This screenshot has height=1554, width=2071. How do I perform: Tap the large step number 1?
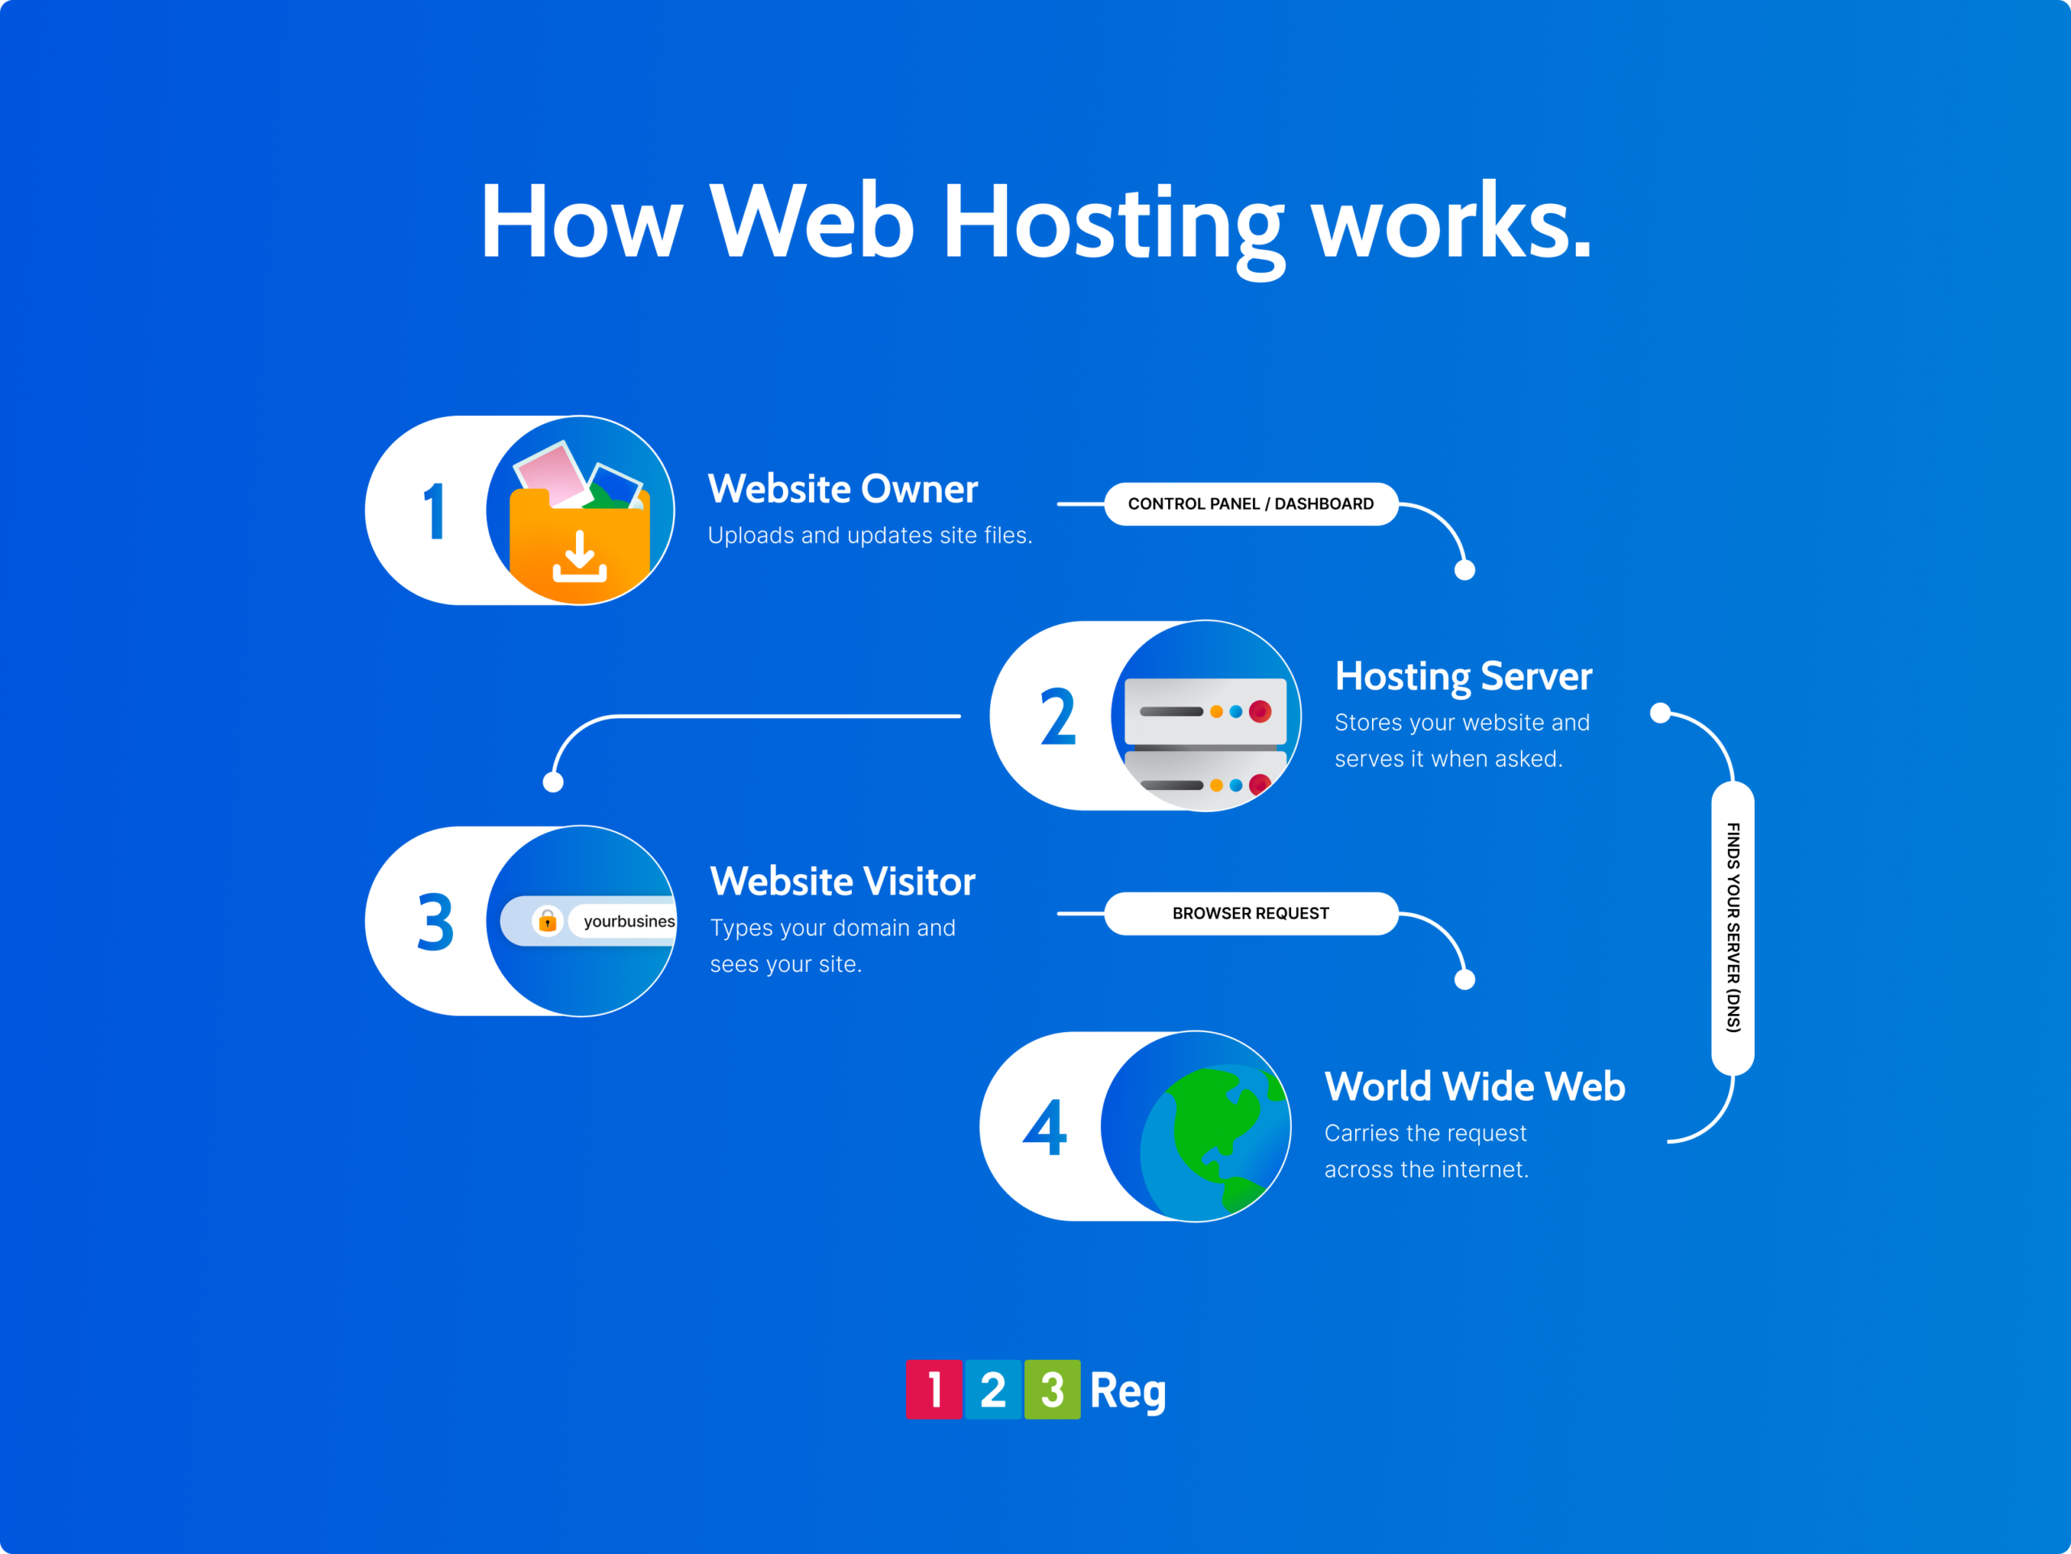pyautogui.click(x=434, y=512)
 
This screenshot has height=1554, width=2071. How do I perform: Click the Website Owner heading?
pyautogui.click(x=843, y=489)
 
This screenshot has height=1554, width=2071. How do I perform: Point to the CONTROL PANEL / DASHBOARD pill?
pyautogui.click(x=1251, y=504)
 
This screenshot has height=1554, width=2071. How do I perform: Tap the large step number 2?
pyautogui.click(x=1058, y=716)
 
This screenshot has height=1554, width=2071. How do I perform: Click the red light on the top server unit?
pyautogui.click(x=1260, y=712)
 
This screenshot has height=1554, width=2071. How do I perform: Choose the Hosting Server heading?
pyautogui.click(x=1463, y=677)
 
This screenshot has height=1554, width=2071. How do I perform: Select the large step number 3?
pyautogui.click(x=435, y=923)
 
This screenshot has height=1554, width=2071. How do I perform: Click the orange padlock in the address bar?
pyautogui.click(x=548, y=922)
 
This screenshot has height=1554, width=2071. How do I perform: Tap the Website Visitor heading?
pyautogui.click(x=843, y=881)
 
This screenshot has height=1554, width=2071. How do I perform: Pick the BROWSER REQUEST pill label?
pyautogui.click(x=1251, y=913)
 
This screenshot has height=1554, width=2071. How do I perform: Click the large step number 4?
pyautogui.click(x=1045, y=1127)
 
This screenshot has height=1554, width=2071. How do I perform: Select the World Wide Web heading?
pyautogui.click(x=1475, y=1086)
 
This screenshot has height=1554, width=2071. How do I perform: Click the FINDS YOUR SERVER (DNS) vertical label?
pyautogui.click(x=1733, y=928)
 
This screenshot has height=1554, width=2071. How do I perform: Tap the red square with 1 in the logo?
pyautogui.click(x=934, y=1389)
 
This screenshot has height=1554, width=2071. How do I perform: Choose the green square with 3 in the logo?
pyautogui.click(x=1052, y=1389)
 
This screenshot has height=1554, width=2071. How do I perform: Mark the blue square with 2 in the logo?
pyautogui.click(x=993, y=1389)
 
